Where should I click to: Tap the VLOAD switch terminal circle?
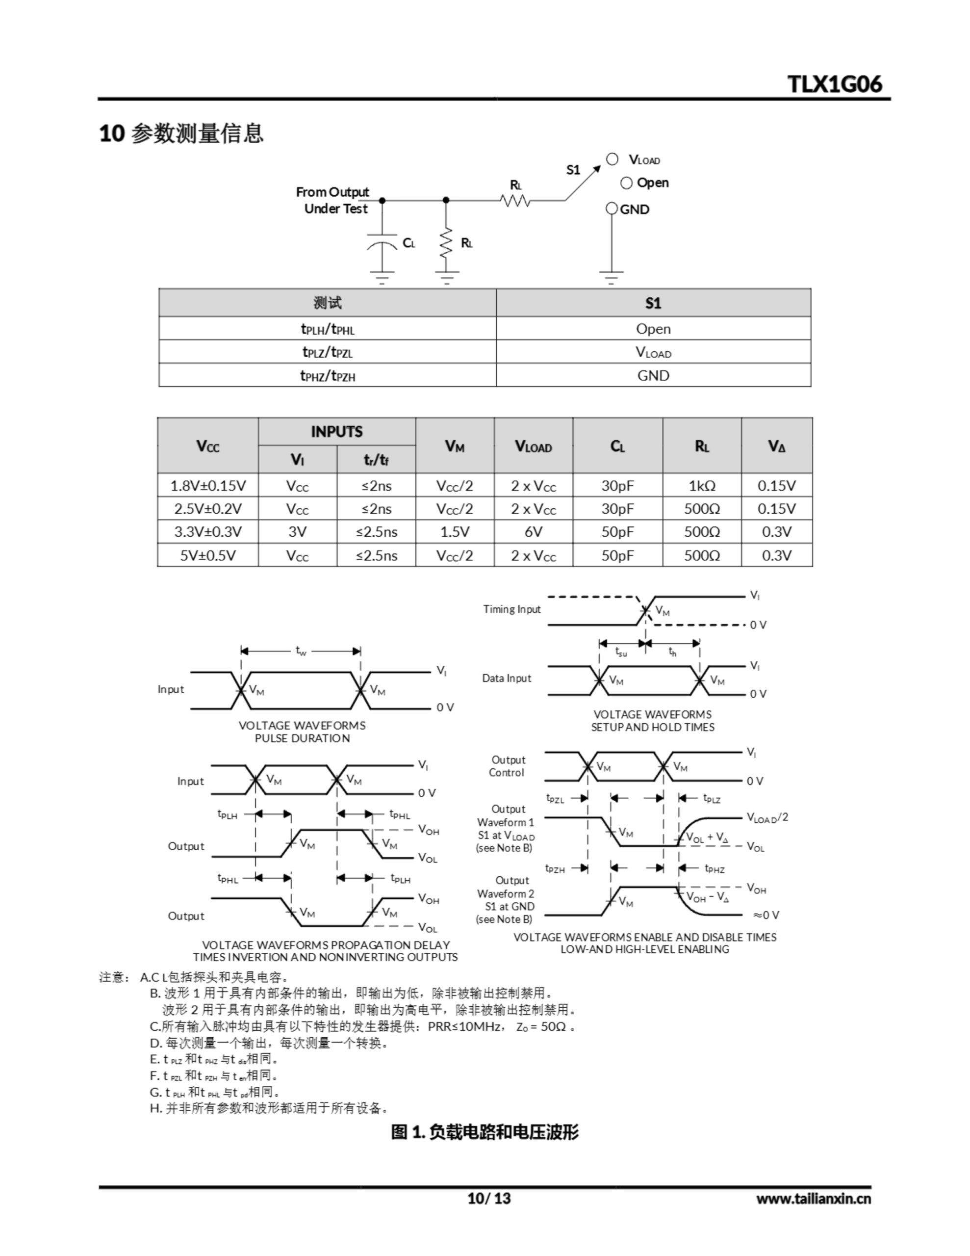click(613, 159)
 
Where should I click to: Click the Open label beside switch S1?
click(653, 183)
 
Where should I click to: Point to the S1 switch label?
click(573, 170)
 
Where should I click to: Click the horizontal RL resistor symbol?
click(515, 200)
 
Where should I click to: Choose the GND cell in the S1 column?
click(653, 375)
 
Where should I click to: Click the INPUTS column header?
click(336, 431)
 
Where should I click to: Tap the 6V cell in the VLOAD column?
click(533, 532)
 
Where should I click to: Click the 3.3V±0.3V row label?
click(207, 532)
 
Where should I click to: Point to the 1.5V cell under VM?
click(454, 532)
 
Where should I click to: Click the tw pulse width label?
click(301, 651)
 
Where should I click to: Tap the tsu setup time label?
click(621, 652)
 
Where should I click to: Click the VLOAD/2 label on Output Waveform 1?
click(767, 817)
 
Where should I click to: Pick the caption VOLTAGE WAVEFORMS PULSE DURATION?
click(302, 732)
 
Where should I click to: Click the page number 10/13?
click(489, 1198)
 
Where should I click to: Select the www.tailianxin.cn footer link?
click(813, 1198)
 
